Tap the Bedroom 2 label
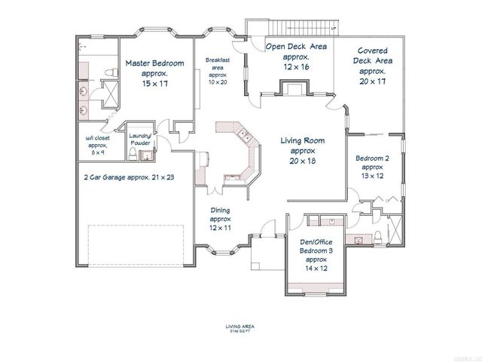pos(373,158)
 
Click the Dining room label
pos(220,210)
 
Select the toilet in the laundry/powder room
pos(133,155)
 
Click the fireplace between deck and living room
pos(291,90)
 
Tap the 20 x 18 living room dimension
pos(302,161)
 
